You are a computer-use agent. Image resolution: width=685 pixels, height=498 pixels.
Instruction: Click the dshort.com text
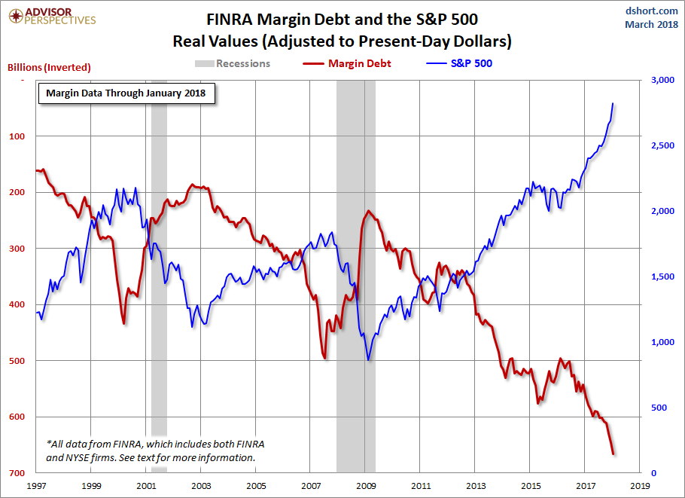tap(652, 10)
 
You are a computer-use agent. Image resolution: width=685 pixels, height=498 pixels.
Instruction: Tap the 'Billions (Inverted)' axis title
tap(49, 67)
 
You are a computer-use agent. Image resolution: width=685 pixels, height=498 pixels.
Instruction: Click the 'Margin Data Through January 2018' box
tap(126, 93)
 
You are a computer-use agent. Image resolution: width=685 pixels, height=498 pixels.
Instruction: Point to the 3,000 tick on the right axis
tap(654, 80)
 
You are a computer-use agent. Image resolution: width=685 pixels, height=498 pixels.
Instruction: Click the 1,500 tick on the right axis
tap(654, 276)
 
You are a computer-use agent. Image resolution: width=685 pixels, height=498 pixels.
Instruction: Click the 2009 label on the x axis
tap(366, 486)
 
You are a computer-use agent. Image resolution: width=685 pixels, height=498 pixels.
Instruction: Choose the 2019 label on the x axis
tap(641, 486)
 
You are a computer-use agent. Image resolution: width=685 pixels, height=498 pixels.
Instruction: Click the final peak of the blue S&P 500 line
tap(613, 103)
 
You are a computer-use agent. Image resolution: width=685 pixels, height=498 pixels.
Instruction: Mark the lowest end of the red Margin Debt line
tap(613, 454)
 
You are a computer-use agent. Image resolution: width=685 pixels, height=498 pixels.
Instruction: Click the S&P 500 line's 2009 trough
tap(368, 359)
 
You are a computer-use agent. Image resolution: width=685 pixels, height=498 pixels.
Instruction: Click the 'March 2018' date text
tap(650, 25)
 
